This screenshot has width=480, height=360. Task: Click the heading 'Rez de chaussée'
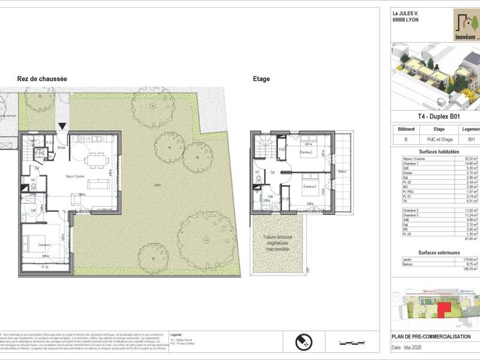coord(42,79)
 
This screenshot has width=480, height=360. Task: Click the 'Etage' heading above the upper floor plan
coord(262,79)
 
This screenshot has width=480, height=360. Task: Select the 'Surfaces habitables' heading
coord(435,151)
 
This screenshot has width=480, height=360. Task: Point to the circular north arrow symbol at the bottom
coord(304,343)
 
